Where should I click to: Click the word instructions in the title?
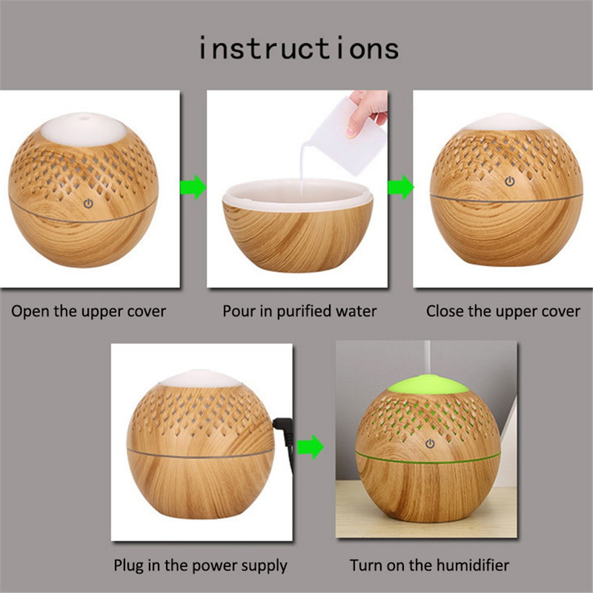[x=299, y=48]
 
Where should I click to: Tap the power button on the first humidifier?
[x=88, y=204]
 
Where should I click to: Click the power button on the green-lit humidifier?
[x=430, y=443]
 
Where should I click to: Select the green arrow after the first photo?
[x=193, y=187]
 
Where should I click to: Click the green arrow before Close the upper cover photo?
[x=401, y=187]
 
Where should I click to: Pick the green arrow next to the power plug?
[x=311, y=447]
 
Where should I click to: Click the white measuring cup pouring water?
[x=346, y=137]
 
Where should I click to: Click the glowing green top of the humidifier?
[x=428, y=385]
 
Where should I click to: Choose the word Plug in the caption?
[x=128, y=566]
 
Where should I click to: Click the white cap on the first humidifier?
[x=84, y=129]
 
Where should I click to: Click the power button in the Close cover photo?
[x=510, y=182]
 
